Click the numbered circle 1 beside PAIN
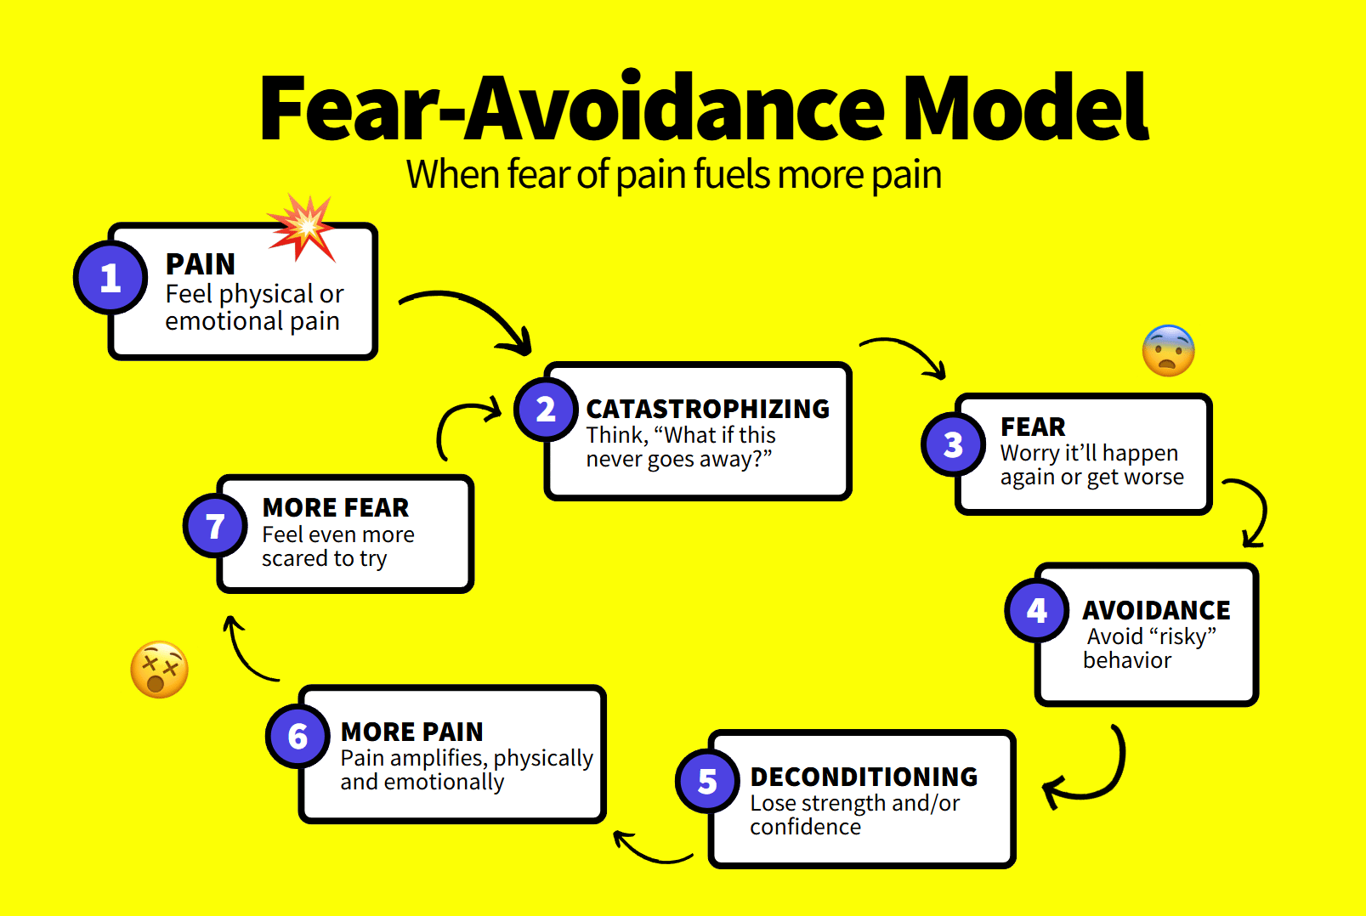click(x=111, y=278)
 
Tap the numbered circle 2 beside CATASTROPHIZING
click(x=546, y=409)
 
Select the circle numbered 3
click(x=953, y=444)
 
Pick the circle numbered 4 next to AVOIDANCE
click(x=1037, y=610)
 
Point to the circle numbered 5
click(x=707, y=781)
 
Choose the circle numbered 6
click(x=298, y=736)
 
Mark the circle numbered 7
click(x=215, y=526)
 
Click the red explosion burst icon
click(x=302, y=228)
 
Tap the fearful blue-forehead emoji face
click(x=1169, y=350)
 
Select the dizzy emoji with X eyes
click(x=159, y=670)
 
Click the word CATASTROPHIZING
click(x=708, y=409)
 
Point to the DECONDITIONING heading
click(x=864, y=777)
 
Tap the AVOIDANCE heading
click(x=1156, y=610)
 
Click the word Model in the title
click(x=1025, y=108)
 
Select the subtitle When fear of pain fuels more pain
click(x=674, y=175)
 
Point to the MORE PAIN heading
click(x=411, y=732)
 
